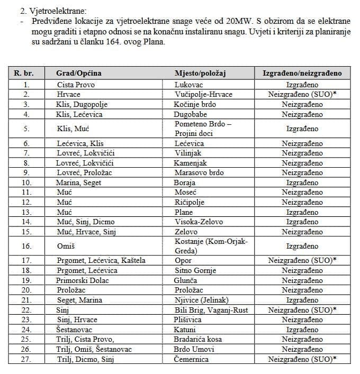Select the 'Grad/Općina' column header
(x=78, y=73)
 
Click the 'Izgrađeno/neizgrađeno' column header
(x=302, y=73)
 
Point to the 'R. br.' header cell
(x=24, y=73)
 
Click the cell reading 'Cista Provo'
(x=76, y=85)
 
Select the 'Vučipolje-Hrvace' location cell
(x=203, y=94)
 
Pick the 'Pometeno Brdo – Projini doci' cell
(x=199, y=129)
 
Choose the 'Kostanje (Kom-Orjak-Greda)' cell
(x=211, y=246)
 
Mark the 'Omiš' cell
(x=66, y=246)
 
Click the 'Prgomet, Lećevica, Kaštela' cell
(x=101, y=261)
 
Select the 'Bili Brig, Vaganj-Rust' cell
(x=210, y=309)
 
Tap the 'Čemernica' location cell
(x=192, y=359)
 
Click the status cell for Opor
(x=302, y=261)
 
